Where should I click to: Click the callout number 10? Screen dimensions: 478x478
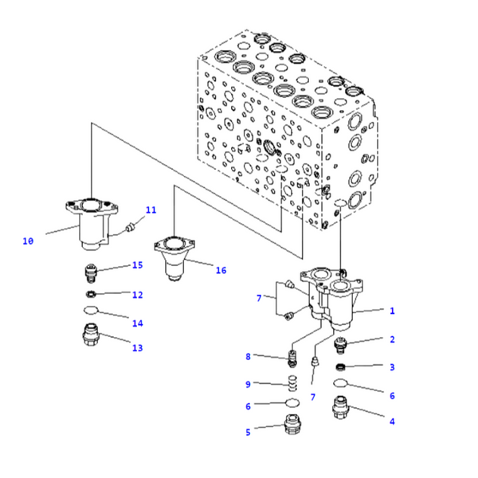28,241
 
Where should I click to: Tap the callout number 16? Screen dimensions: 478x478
221,270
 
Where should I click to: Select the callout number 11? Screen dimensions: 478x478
151,210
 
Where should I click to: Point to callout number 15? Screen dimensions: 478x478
137,265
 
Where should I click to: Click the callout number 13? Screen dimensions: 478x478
137,347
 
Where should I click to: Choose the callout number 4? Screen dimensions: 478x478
392,421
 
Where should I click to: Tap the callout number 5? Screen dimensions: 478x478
248,432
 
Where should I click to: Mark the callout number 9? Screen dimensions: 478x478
248,384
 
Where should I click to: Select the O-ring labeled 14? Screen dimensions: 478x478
93,311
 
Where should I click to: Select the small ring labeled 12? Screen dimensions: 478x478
93,294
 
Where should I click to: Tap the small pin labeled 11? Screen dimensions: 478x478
130,228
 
